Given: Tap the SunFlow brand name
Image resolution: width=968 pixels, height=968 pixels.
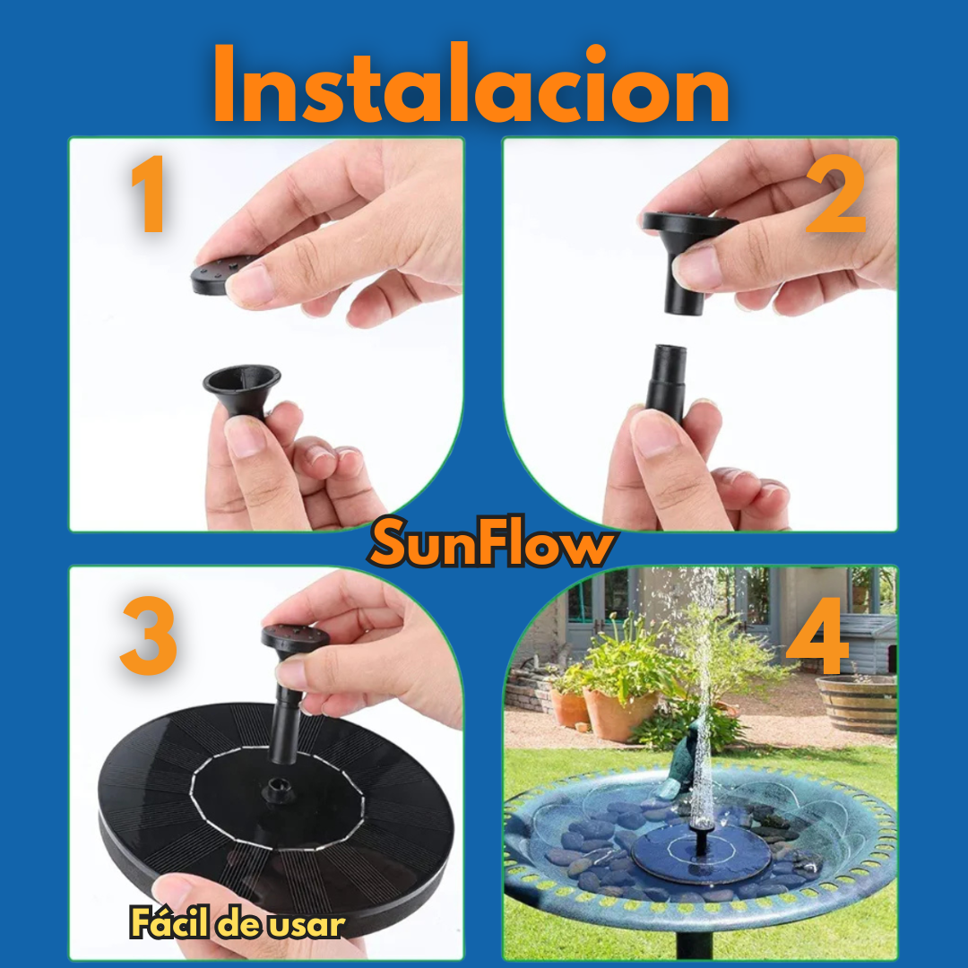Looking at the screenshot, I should pyautogui.click(x=491, y=545).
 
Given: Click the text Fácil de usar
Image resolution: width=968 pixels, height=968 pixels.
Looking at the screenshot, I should pyautogui.click(x=237, y=923).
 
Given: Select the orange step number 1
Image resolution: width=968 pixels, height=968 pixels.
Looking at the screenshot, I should pyautogui.click(x=148, y=194).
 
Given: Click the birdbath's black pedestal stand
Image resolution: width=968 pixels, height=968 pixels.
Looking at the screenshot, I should pyautogui.click(x=694, y=946).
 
